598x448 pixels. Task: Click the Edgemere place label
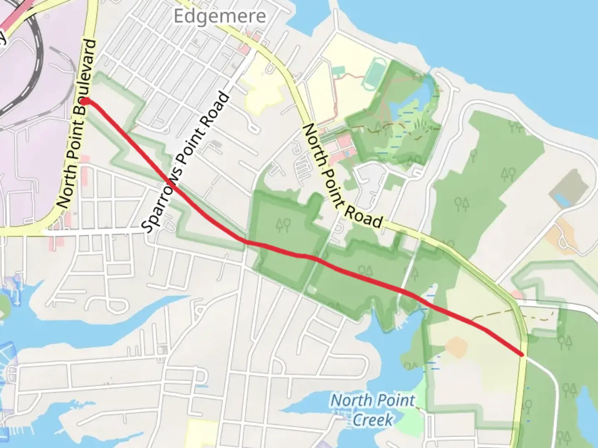219,17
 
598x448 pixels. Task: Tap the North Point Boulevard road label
76,124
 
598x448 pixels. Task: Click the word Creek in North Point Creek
373,420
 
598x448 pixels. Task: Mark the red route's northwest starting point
85,101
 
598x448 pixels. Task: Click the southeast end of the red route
522,355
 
